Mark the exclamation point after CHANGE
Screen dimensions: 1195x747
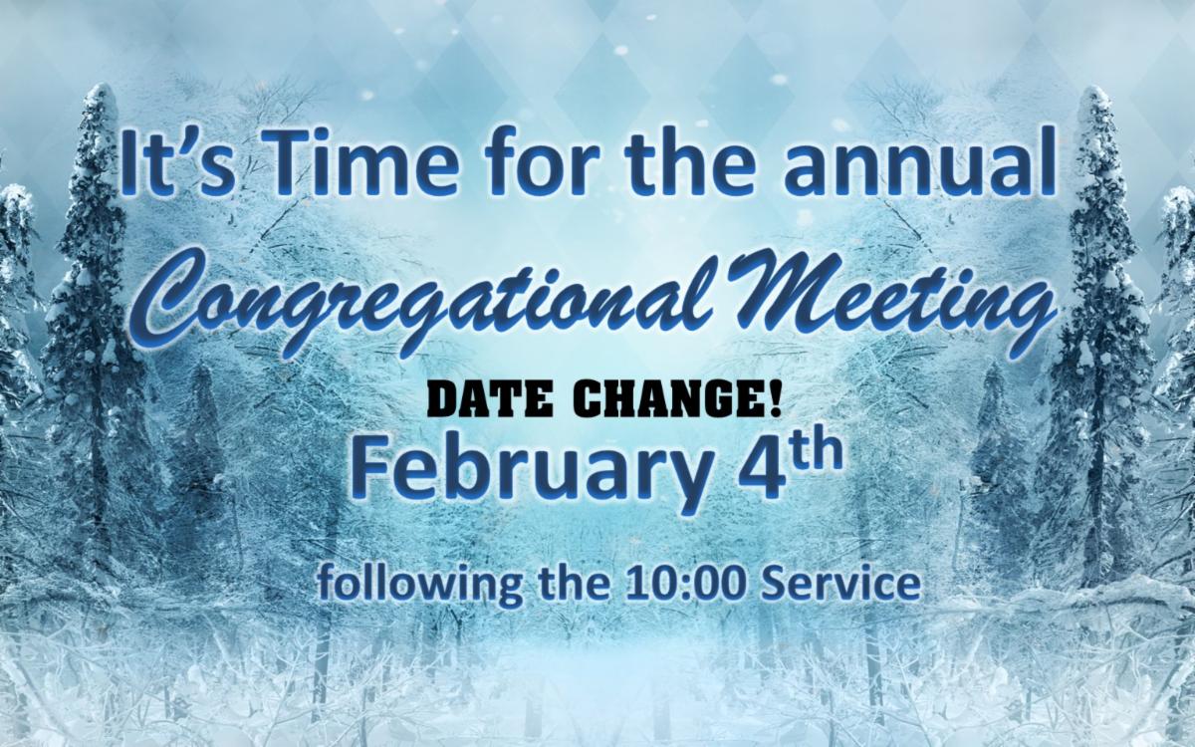tap(775, 400)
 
